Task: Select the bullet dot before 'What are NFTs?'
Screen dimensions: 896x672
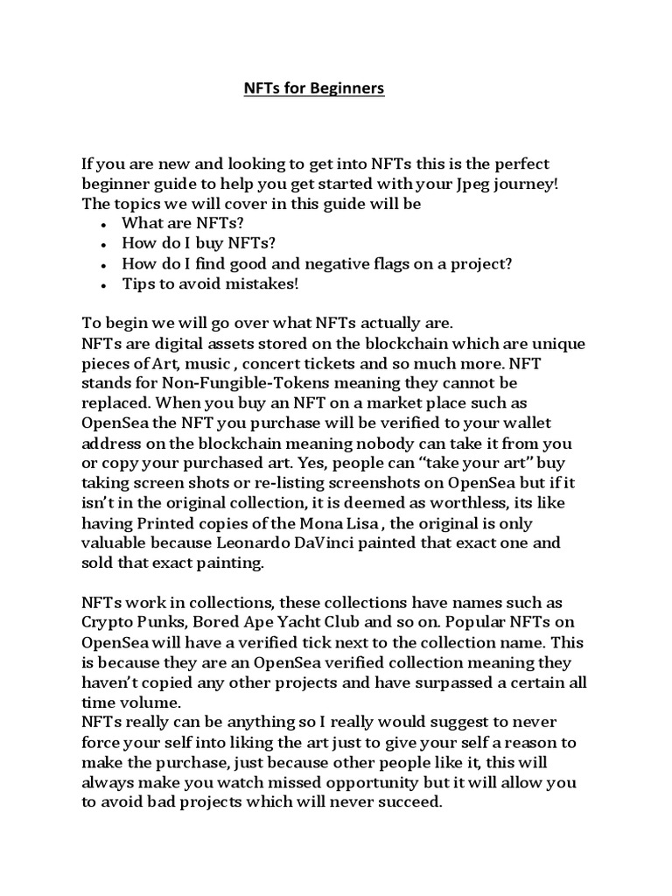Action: (103, 225)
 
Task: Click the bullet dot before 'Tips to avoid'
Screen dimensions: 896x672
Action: (103, 286)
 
